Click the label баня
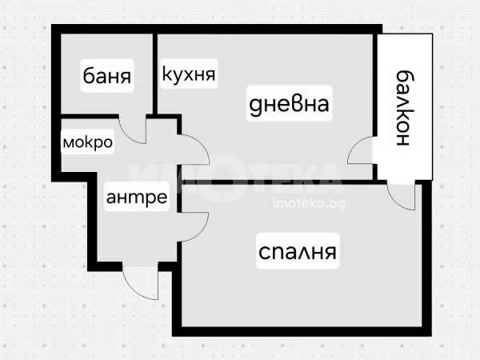tap(107, 77)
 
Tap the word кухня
tap(189, 75)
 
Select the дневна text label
tap(289, 104)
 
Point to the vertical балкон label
tap(403, 109)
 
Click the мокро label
tap(87, 142)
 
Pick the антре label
tap(137, 198)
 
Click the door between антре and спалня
tap(194, 226)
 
